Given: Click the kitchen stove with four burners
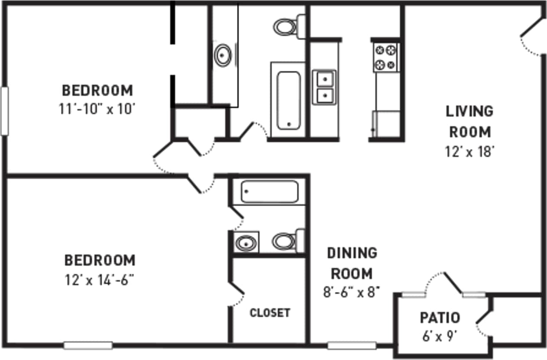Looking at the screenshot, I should [x=386, y=57].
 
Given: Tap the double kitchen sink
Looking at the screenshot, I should [x=324, y=87].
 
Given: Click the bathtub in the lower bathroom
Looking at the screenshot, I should [x=269, y=192].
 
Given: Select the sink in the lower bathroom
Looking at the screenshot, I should [x=246, y=242].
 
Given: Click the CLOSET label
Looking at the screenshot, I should [x=270, y=312].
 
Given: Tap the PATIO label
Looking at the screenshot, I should [x=440, y=318].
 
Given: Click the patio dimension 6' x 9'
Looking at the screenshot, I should [x=440, y=335].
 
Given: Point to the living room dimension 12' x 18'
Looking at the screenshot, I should [x=469, y=152].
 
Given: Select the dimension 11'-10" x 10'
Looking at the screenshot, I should [x=98, y=109].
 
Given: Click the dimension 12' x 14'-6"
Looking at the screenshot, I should [x=99, y=279].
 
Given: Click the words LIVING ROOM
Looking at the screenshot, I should [x=469, y=121].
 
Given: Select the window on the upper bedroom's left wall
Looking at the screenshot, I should [x=4, y=111].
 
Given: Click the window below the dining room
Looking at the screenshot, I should [x=351, y=345].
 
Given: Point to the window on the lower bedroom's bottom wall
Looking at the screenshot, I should [x=88, y=345].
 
